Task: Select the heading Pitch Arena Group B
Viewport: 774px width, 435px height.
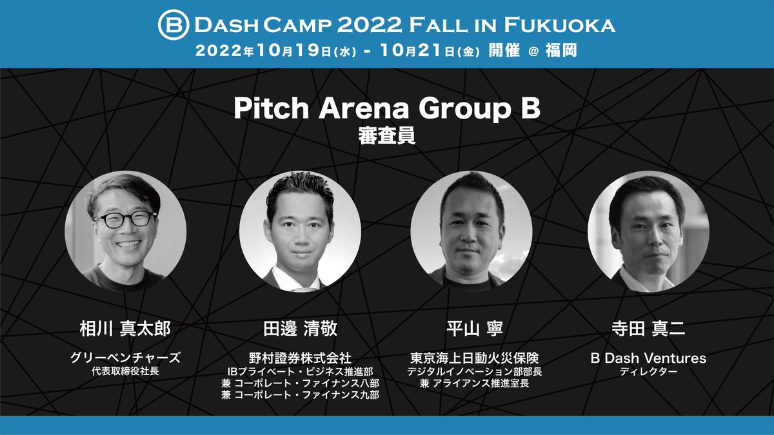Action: (386, 109)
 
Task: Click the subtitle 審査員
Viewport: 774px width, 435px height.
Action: (386, 137)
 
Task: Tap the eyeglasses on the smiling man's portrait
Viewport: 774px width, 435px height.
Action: (126, 218)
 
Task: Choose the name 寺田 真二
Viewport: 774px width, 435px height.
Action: (648, 328)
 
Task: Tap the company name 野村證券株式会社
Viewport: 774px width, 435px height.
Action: (299, 358)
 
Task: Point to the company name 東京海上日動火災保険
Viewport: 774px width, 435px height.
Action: (474, 358)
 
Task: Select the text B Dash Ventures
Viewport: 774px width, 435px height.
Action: (648, 358)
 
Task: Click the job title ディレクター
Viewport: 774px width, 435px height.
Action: (648, 372)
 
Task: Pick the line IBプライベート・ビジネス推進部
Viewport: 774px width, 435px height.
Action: (299, 372)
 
